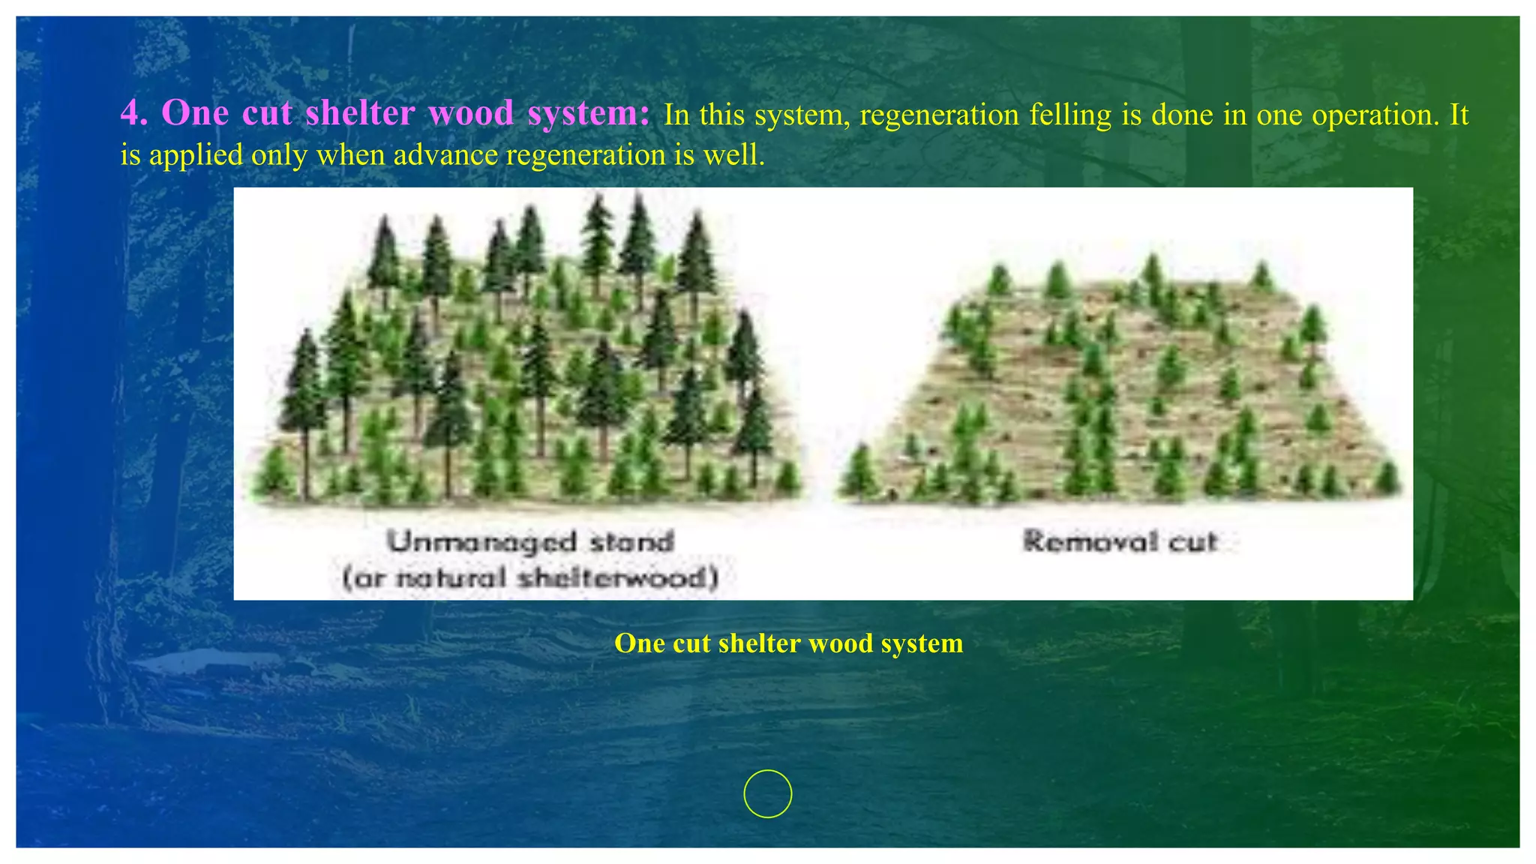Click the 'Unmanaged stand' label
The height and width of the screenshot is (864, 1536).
(531, 541)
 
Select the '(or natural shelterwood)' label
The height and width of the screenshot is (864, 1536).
(531, 578)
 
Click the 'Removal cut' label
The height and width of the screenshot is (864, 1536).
(1120, 541)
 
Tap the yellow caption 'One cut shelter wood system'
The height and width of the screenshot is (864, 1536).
(788, 643)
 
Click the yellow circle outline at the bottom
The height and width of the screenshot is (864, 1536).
(768, 793)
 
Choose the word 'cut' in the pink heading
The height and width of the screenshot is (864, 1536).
(267, 114)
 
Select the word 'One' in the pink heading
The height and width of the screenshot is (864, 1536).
(195, 114)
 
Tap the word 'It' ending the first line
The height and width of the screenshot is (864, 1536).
(1459, 115)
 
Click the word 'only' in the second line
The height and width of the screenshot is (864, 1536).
(278, 155)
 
